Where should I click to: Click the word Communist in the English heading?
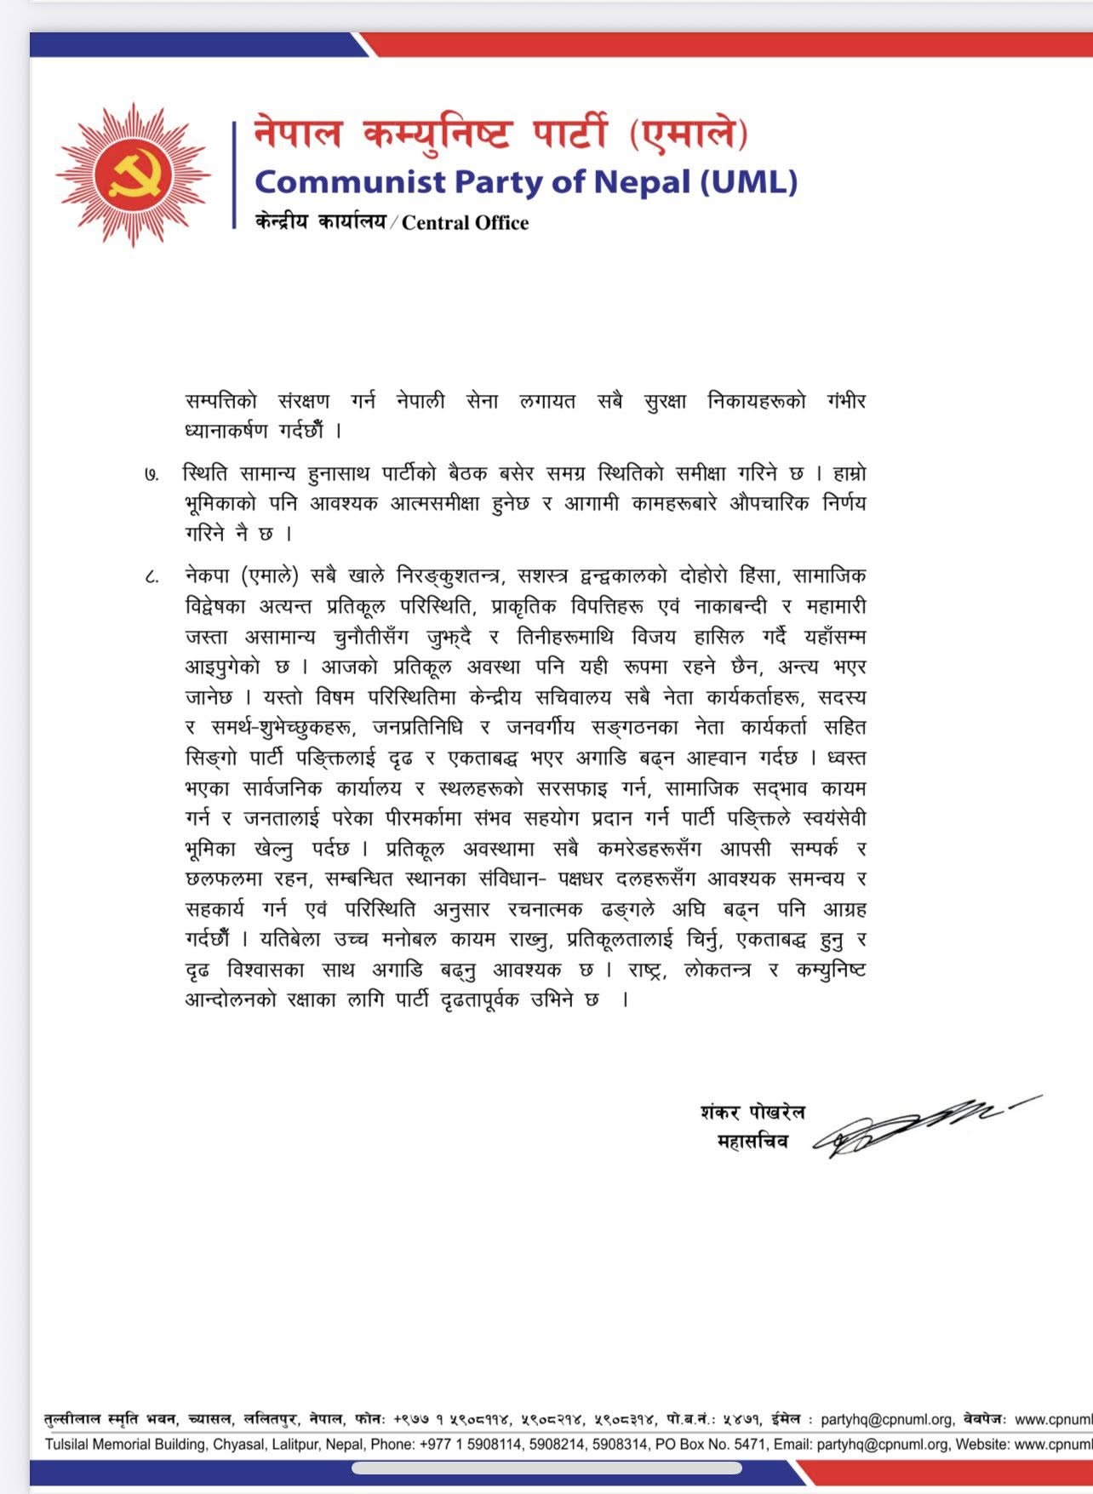[350, 181]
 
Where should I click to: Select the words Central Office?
[465, 223]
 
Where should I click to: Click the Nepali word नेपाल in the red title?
[299, 134]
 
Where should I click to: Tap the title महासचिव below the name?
[753, 1142]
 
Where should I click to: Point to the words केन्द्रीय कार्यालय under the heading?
[320, 223]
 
